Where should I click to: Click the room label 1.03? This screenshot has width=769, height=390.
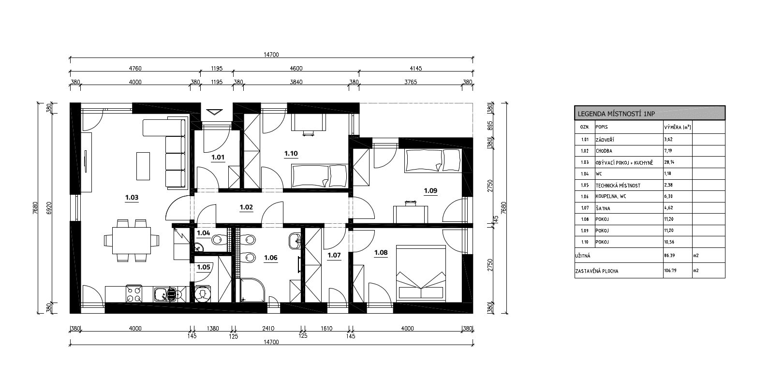tap(132, 198)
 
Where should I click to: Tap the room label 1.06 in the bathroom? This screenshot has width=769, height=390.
tap(270, 258)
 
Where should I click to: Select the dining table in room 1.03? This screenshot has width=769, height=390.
tap(132, 240)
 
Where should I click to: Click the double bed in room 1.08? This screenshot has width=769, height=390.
tap(421, 274)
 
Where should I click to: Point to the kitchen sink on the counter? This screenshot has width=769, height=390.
tap(165, 294)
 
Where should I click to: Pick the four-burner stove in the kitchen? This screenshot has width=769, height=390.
tap(134, 294)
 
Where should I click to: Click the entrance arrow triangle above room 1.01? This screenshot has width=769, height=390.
tap(215, 112)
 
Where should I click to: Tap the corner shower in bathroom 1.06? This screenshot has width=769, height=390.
tap(252, 290)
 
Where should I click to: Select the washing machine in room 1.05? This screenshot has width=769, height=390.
tap(203, 294)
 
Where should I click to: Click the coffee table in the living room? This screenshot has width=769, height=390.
tap(143, 166)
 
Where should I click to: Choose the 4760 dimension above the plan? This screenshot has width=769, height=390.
tap(135, 68)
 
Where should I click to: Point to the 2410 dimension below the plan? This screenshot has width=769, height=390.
tap(268, 328)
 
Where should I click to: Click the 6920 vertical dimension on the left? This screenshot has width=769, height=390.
tap(49, 208)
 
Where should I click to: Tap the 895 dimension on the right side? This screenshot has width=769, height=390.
tap(490, 126)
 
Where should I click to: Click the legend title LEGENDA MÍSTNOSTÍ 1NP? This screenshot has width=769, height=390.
tap(616, 114)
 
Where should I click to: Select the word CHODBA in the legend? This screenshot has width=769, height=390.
tap(604, 151)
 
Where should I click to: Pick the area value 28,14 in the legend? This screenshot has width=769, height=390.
tap(669, 162)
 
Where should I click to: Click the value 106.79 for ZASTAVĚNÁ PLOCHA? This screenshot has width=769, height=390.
tap(670, 270)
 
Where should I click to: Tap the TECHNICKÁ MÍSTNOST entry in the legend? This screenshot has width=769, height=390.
tap(618, 186)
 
